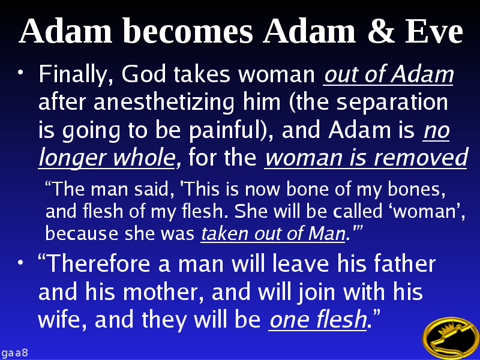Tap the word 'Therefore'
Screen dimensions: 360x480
coord(94,265)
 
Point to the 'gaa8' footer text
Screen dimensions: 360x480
coord(15,352)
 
